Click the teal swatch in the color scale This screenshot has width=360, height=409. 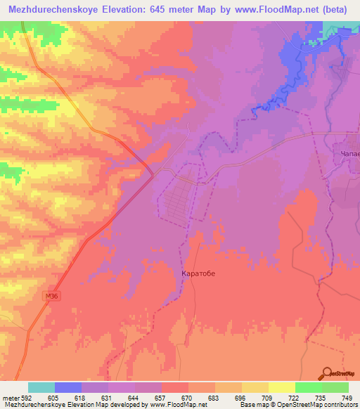pos(41,387)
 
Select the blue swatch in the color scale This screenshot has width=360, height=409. pos(68,387)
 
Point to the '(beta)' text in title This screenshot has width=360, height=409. pos(335,9)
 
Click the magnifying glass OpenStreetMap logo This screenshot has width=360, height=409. pos(327,374)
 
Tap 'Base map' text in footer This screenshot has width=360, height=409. pos(255,405)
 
